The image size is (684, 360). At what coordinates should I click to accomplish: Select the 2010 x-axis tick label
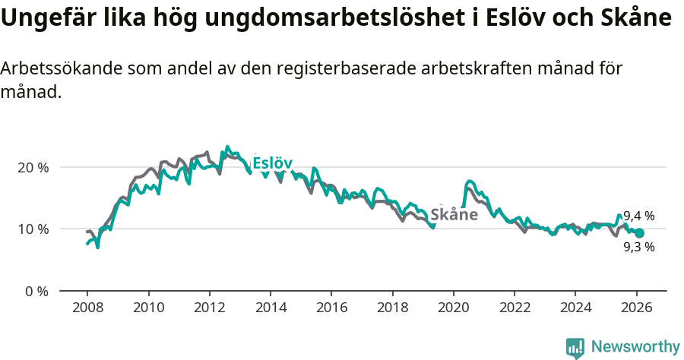tap(148, 308)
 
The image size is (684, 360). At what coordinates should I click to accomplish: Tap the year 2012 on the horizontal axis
tap(209, 308)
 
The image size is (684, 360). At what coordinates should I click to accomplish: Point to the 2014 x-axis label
tap(270, 308)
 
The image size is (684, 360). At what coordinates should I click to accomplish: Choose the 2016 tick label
tap(331, 308)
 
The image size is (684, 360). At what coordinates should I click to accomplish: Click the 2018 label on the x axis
tap(392, 308)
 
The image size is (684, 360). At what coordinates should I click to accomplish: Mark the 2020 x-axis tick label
tap(453, 308)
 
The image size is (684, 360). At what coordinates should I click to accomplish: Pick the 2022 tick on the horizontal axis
tap(515, 308)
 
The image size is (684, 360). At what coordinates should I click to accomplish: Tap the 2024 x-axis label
tap(575, 308)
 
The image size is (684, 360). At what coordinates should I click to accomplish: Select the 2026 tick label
tap(636, 308)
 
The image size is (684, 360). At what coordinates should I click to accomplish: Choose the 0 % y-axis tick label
tap(36, 292)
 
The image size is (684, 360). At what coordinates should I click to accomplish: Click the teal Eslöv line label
tap(272, 163)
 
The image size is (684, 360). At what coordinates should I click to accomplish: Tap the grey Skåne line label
tap(454, 214)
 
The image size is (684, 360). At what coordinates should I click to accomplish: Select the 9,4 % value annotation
tap(638, 216)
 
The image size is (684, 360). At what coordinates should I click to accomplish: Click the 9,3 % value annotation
tap(638, 247)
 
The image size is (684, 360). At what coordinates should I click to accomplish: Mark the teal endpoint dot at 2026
tap(639, 233)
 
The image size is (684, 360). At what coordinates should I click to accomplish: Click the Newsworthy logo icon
tap(575, 348)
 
